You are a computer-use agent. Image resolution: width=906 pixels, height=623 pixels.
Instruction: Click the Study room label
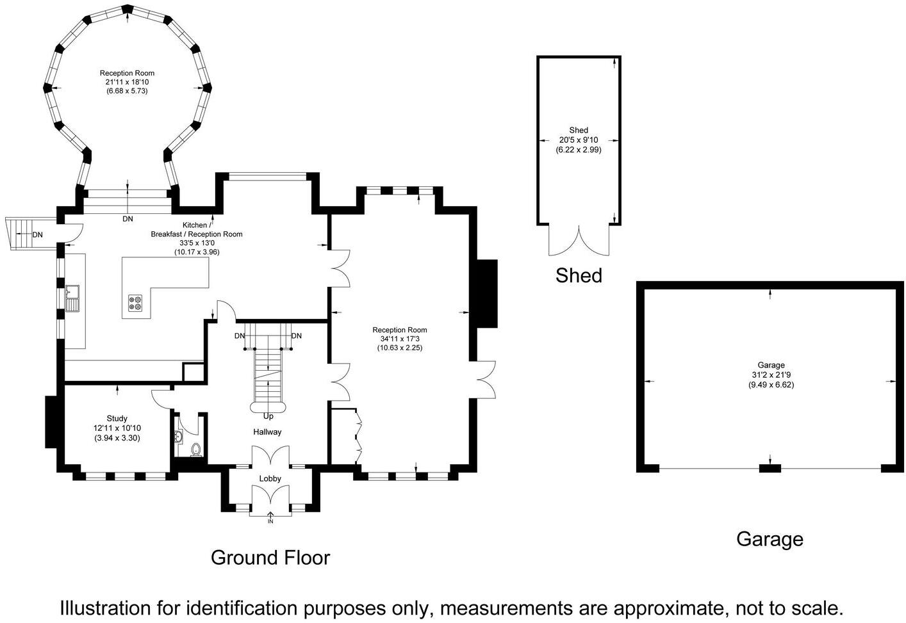pos(117,419)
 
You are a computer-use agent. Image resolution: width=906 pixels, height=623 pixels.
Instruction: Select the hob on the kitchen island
pos(136,302)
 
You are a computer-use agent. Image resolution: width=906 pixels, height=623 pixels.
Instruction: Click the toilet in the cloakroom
pos(196,449)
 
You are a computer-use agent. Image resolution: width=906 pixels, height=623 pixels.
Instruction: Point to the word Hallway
pos(267,432)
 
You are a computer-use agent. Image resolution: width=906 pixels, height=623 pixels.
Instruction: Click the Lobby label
pos(270,478)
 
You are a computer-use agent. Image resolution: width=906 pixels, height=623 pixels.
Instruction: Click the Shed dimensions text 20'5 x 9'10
pos(579,140)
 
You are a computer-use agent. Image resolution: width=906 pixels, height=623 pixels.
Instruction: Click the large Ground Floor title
pos(270,558)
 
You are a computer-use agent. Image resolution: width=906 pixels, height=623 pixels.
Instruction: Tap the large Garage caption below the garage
pos(770,539)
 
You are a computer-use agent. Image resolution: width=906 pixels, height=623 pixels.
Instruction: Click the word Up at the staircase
pos(268,416)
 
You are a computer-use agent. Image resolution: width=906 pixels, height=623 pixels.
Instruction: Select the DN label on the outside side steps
pos(38,235)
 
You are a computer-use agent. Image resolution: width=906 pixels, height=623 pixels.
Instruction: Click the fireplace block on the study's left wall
pos(51,422)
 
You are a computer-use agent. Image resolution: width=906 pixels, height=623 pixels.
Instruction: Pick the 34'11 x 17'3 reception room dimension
pos(399,339)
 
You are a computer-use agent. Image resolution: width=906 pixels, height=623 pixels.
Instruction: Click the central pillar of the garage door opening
pos(770,469)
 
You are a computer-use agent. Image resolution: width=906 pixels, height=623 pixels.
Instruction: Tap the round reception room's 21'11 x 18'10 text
pos(127,82)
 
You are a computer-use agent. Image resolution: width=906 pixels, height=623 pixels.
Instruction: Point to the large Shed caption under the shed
pos(579,275)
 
